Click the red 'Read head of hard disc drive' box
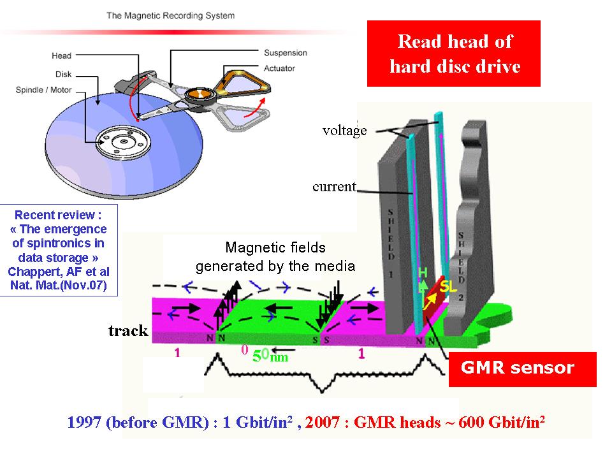(454, 54)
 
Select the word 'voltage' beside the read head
(344, 131)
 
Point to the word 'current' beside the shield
(333, 187)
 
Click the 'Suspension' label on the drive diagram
(285, 53)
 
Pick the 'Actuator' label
(280, 68)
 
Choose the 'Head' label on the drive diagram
(61, 56)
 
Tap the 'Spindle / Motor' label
(43, 90)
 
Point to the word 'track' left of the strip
(128, 330)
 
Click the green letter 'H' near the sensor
(422, 272)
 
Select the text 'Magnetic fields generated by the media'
(275, 257)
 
